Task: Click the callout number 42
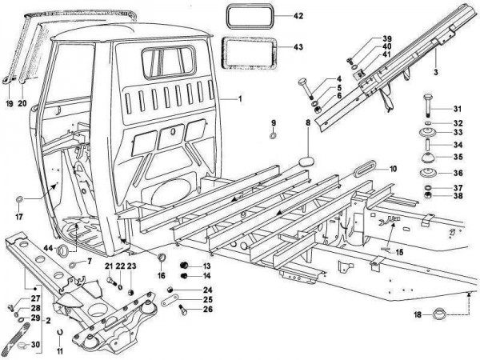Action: [298, 15]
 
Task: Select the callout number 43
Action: [298, 47]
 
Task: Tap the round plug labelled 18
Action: [439, 314]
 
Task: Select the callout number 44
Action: [48, 249]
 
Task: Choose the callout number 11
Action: [59, 352]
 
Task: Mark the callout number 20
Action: [22, 103]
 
